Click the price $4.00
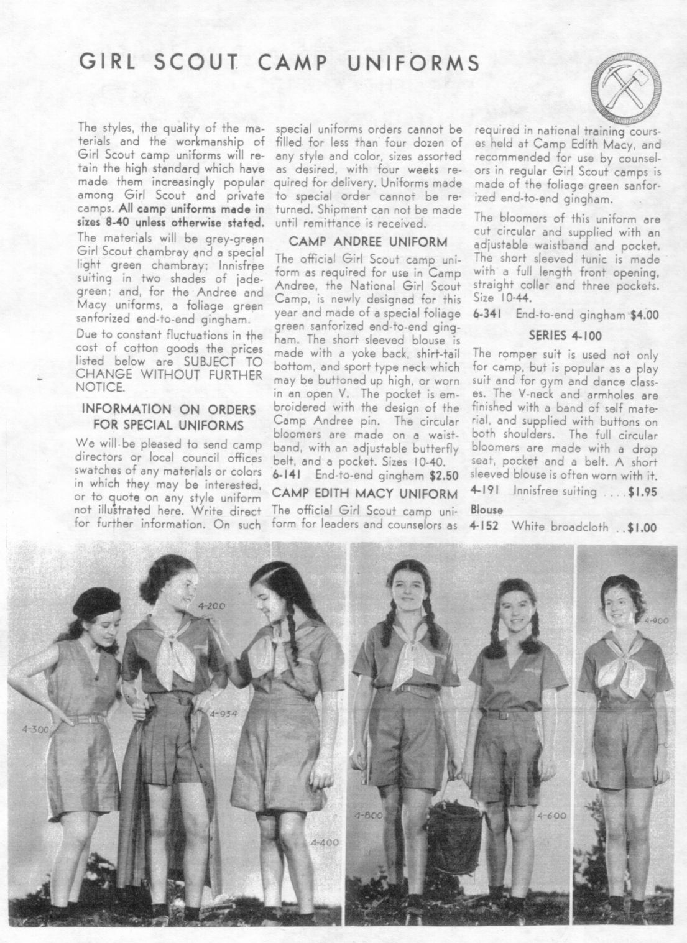pos(644,315)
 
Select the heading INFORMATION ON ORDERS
pos(168,410)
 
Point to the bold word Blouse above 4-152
pos(487,510)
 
